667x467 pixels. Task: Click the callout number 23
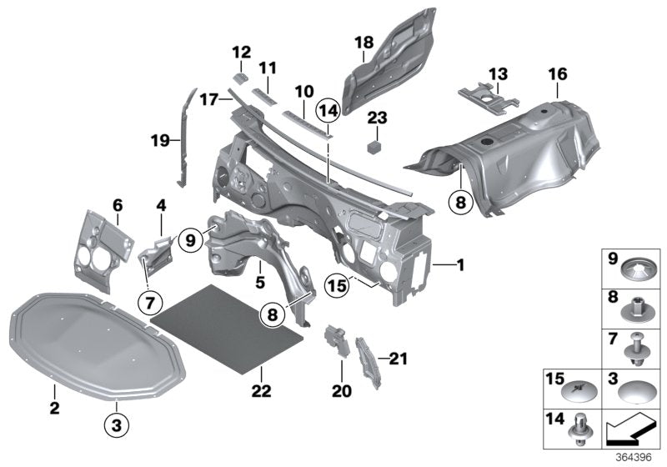[x=378, y=118]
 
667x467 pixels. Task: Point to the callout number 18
[x=364, y=43]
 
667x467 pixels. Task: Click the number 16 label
[x=557, y=76]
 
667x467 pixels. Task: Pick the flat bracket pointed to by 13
[x=483, y=96]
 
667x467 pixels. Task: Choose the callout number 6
[x=118, y=204]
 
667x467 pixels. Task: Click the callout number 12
[x=240, y=52]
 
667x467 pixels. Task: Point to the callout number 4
[x=161, y=204]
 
